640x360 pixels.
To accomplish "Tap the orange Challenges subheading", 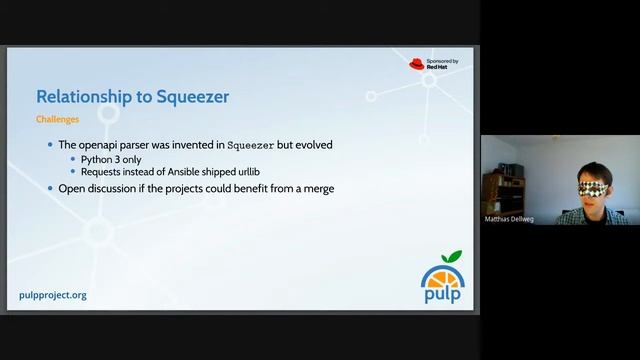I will coord(57,118).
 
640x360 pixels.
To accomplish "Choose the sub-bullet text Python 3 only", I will coord(115,159).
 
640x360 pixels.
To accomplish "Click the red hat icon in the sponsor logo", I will coord(417,64).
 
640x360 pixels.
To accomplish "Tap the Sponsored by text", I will coord(442,61).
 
